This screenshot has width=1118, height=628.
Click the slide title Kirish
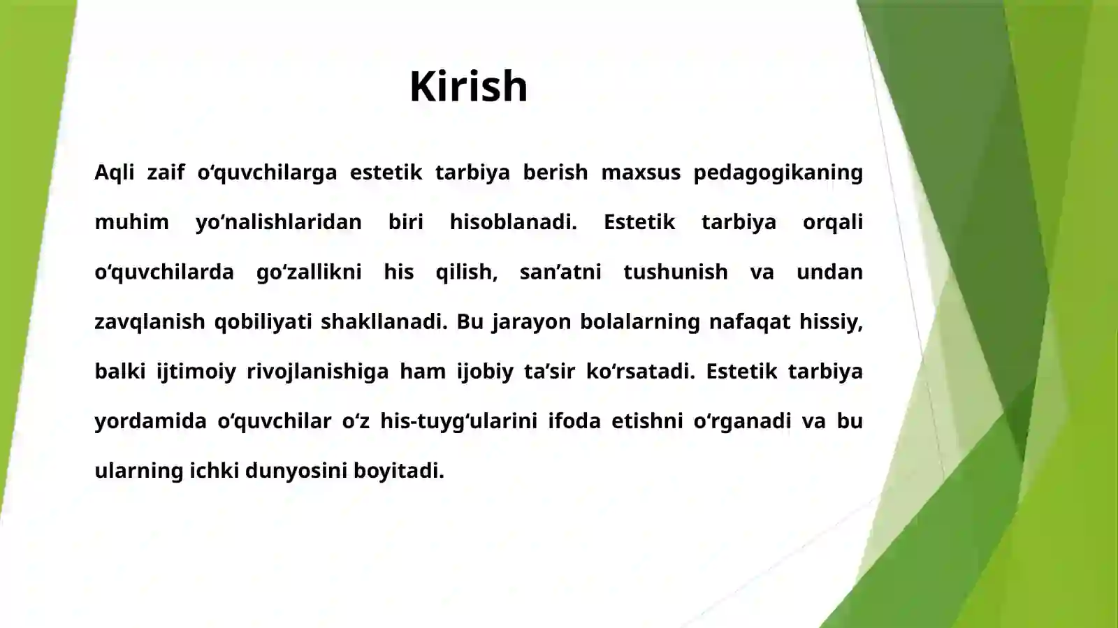pyautogui.click(x=468, y=87)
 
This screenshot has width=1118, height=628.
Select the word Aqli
pyautogui.click(x=114, y=173)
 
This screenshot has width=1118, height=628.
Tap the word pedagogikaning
pyautogui.click(x=778, y=173)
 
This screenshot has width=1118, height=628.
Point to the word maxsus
pyautogui.click(x=641, y=173)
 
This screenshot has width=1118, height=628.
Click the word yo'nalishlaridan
pyautogui.click(x=279, y=222)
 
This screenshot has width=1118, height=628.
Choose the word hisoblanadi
pyautogui.click(x=513, y=222)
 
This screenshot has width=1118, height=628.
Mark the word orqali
pyautogui.click(x=832, y=222)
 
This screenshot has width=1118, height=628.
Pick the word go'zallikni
pyautogui.click(x=309, y=272)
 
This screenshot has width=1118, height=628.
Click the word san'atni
pyautogui.click(x=560, y=272)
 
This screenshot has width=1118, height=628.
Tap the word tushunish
pyautogui.click(x=675, y=272)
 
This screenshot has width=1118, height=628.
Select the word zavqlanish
pyautogui.click(x=150, y=322)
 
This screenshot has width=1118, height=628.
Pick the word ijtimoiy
pyautogui.click(x=196, y=372)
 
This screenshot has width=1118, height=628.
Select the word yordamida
pyautogui.click(x=150, y=421)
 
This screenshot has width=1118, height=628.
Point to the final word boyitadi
pyautogui.click(x=398, y=471)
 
